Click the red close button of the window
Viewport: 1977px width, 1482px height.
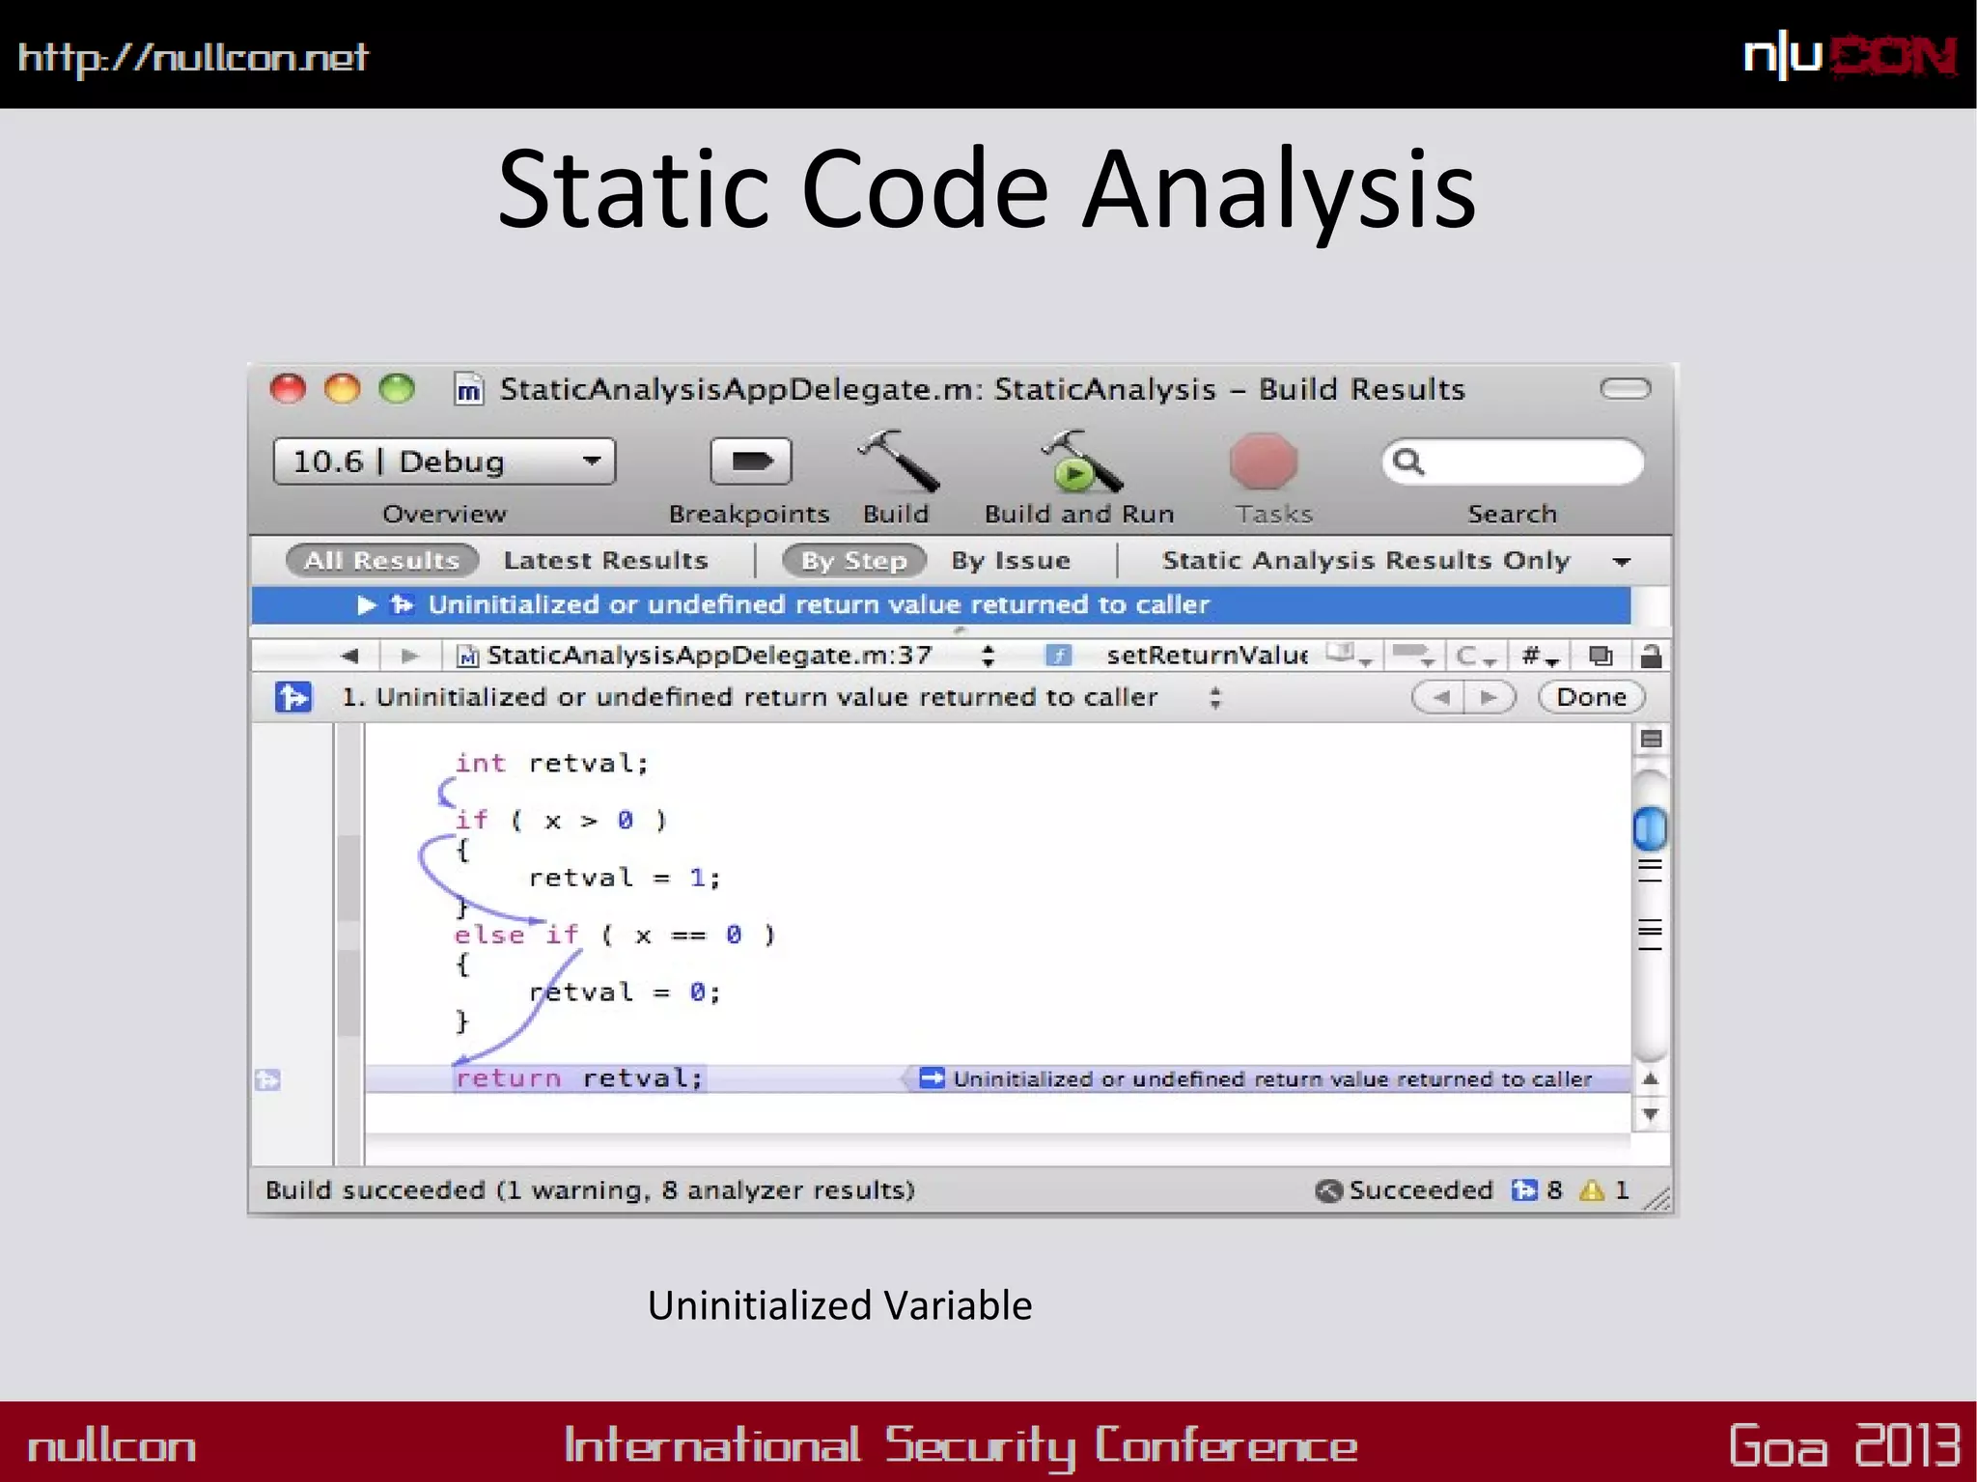[x=288, y=389]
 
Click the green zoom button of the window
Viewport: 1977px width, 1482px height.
[x=397, y=389]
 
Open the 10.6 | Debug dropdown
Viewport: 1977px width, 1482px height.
[x=444, y=461]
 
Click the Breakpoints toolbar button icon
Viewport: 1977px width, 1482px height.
[x=750, y=461]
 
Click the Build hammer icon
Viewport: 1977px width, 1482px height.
[x=898, y=461]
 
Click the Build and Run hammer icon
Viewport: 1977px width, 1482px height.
[x=1079, y=461]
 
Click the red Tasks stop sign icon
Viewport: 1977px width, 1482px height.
[x=1264, y=461]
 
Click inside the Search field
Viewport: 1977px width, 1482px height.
[x=1525, y=461]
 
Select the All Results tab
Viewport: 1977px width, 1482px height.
[x=382, y=560]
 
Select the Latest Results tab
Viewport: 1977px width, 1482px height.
[x=605, y=560]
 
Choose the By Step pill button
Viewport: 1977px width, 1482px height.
[x=854, y=560]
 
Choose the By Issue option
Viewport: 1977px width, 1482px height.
[x=1011, y=560]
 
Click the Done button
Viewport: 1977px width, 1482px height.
[x=1591, y=697]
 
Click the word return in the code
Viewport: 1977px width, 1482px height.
[x=508, y=1077]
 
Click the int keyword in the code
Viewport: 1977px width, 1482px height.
[x=480, y=764]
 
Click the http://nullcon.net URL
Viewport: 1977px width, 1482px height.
[x=193, y=58]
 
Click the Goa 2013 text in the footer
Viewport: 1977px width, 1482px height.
[x=1844, y=1445]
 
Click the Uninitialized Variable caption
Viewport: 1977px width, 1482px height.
[x=840, y=1305]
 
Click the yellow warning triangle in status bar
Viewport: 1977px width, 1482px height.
[x=1591, y=1190]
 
